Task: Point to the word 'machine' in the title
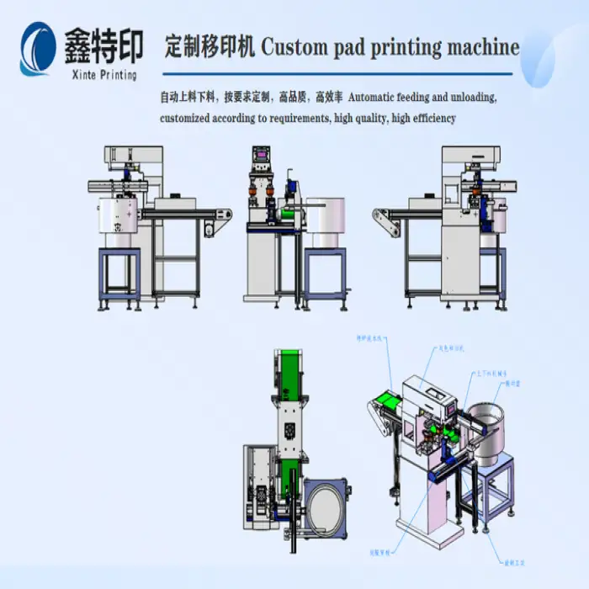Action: click(x=480, y=46)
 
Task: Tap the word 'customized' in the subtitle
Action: click(x=185, y=119)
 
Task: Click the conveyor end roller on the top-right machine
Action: click(x=382, y=216)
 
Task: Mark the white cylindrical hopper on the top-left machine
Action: click(x=118, y=215)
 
